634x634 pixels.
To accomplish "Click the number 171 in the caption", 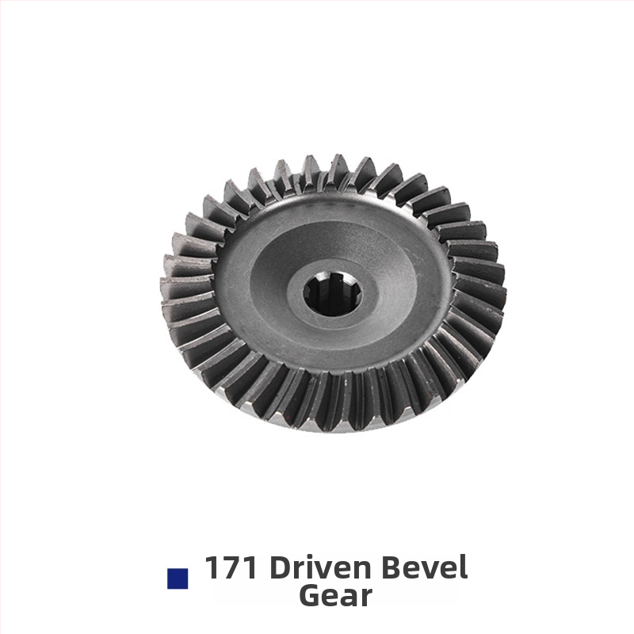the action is [231, 567].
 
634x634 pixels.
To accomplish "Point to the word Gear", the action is [335, 596].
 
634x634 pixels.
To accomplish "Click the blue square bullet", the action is [178, 579].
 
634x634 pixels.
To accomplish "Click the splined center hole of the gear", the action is [333, 294].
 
